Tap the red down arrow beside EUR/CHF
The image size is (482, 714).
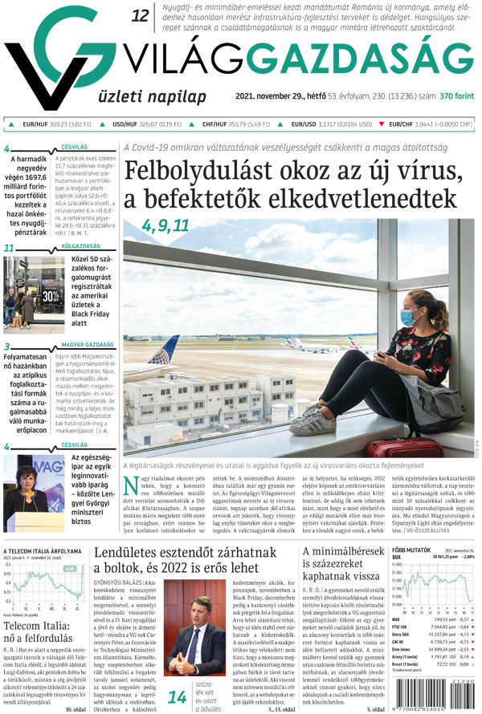pyautogui.click(x=382, y=124)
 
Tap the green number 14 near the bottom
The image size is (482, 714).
pyautogui.click(x=177, y=675)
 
